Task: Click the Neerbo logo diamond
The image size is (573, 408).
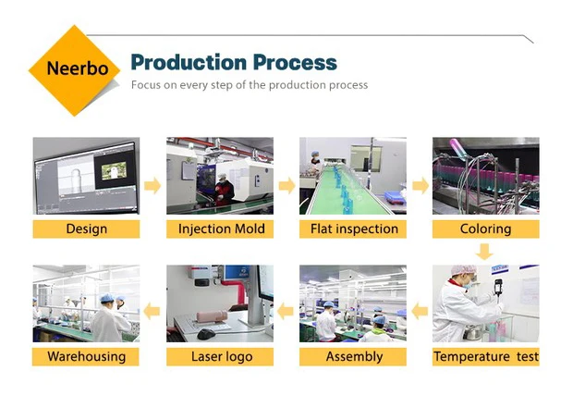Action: coord(75,70)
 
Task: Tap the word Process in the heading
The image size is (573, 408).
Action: coord(295,63)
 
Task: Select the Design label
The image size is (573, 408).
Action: coord(86,229)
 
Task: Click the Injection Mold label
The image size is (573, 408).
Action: coord(220,229)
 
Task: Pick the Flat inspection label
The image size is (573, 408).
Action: coord(353,229)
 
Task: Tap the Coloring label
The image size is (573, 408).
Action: coord(486,229)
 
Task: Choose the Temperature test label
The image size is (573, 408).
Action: coord(486,357)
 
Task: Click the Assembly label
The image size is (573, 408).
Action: coord(353,357)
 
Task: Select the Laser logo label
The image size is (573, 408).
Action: coord(220,357)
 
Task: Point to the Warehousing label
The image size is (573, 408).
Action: coord(86,357)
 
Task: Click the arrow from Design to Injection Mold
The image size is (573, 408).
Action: coord(152,186)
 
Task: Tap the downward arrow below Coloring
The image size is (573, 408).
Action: coord(485,252)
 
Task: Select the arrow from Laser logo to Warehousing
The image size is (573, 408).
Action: coord(152,312)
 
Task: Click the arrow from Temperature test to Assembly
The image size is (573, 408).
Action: coord(420,312)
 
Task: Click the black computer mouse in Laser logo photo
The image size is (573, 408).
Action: coord(206,334)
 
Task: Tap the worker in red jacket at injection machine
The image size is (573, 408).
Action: coord(224,190)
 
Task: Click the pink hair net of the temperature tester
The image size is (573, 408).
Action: coord(464,270)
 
